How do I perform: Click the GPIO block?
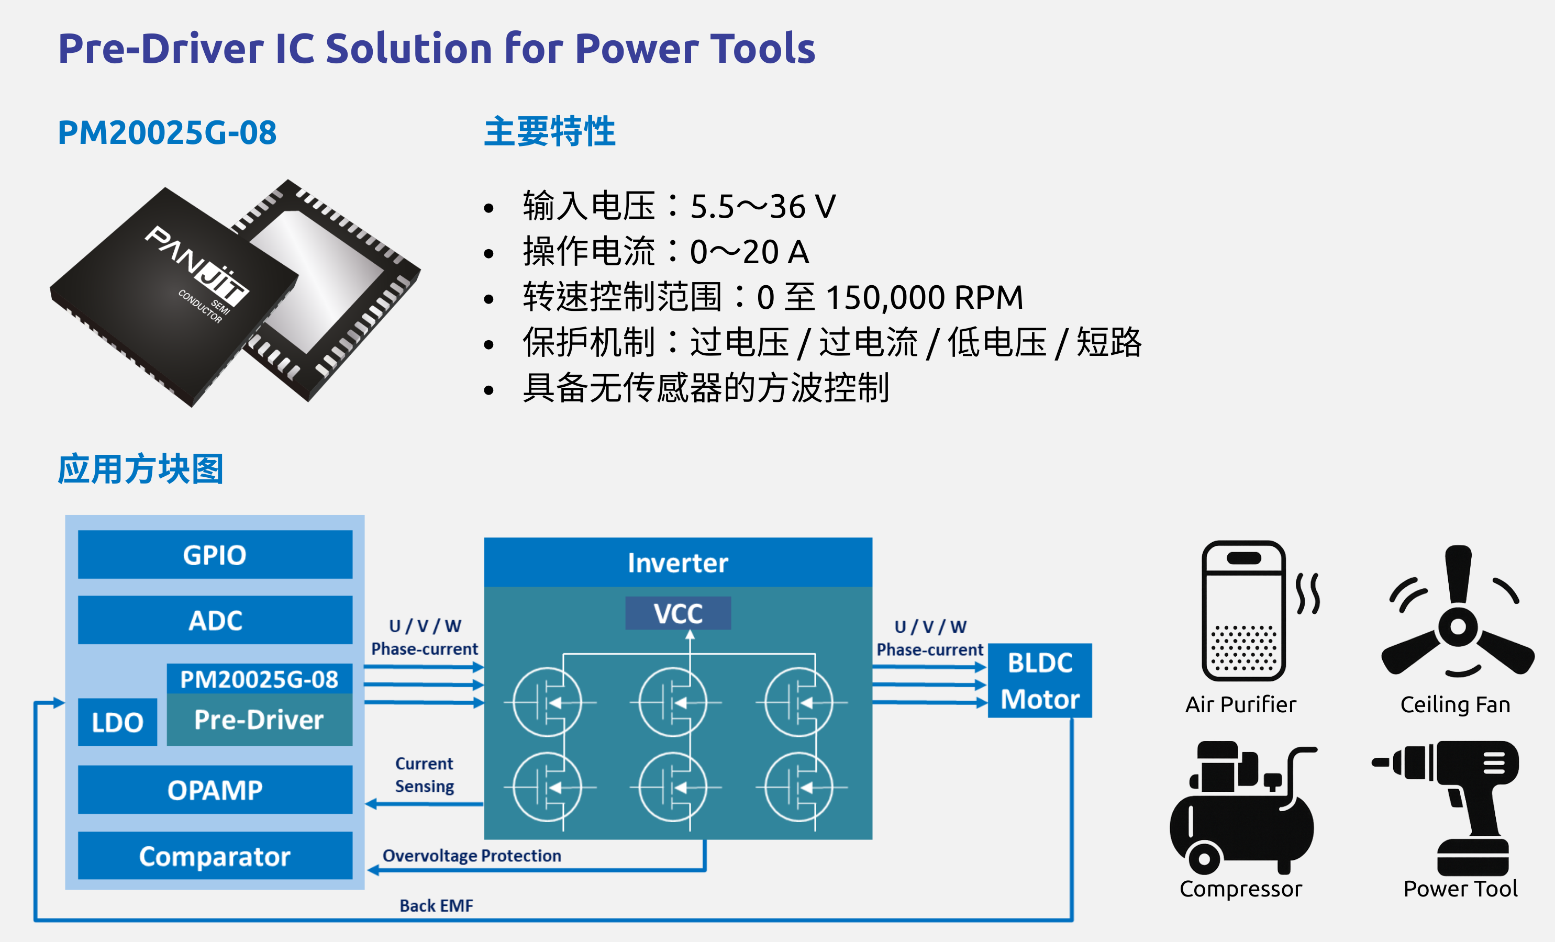[x=215, y=555]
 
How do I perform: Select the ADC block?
[x=215, y=620]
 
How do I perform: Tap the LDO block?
[x=117, y=722]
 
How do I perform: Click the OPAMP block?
[x=215, y=790]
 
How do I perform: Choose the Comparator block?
[x=215, y=856]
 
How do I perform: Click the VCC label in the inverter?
[x=679, y=613]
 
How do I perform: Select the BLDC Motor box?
[x=1040, y=681]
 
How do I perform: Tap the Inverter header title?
[x=678, y=563]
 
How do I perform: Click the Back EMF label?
[x=436, y=906]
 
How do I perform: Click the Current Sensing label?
[x=425, y=775]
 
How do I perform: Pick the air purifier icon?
[x=1259, y=610]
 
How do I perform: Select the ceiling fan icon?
[x=1458, y=612]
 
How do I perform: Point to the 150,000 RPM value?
[x=925, y=297]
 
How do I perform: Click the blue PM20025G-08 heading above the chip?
[x=167, y=132]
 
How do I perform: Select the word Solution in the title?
[x=409, y=49]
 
